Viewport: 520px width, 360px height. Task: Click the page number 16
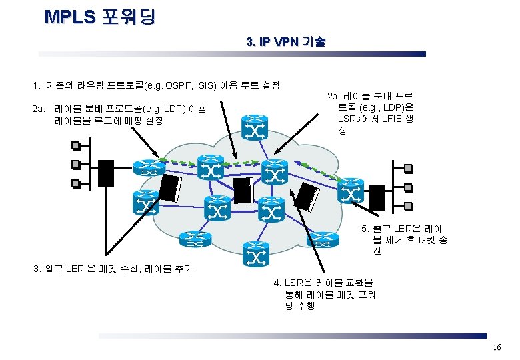pos(496,348)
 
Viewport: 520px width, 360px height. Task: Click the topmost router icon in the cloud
pos(254,127)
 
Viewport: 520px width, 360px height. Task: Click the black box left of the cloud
pos(106,173)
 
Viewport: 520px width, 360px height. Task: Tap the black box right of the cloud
pos(377,196)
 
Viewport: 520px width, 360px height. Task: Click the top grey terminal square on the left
pos(77,145)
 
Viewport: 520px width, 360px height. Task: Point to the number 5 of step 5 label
pos(365,229)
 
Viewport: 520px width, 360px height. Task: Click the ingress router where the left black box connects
pos(146,169)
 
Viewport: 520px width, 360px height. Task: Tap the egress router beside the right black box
pos(351,193)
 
